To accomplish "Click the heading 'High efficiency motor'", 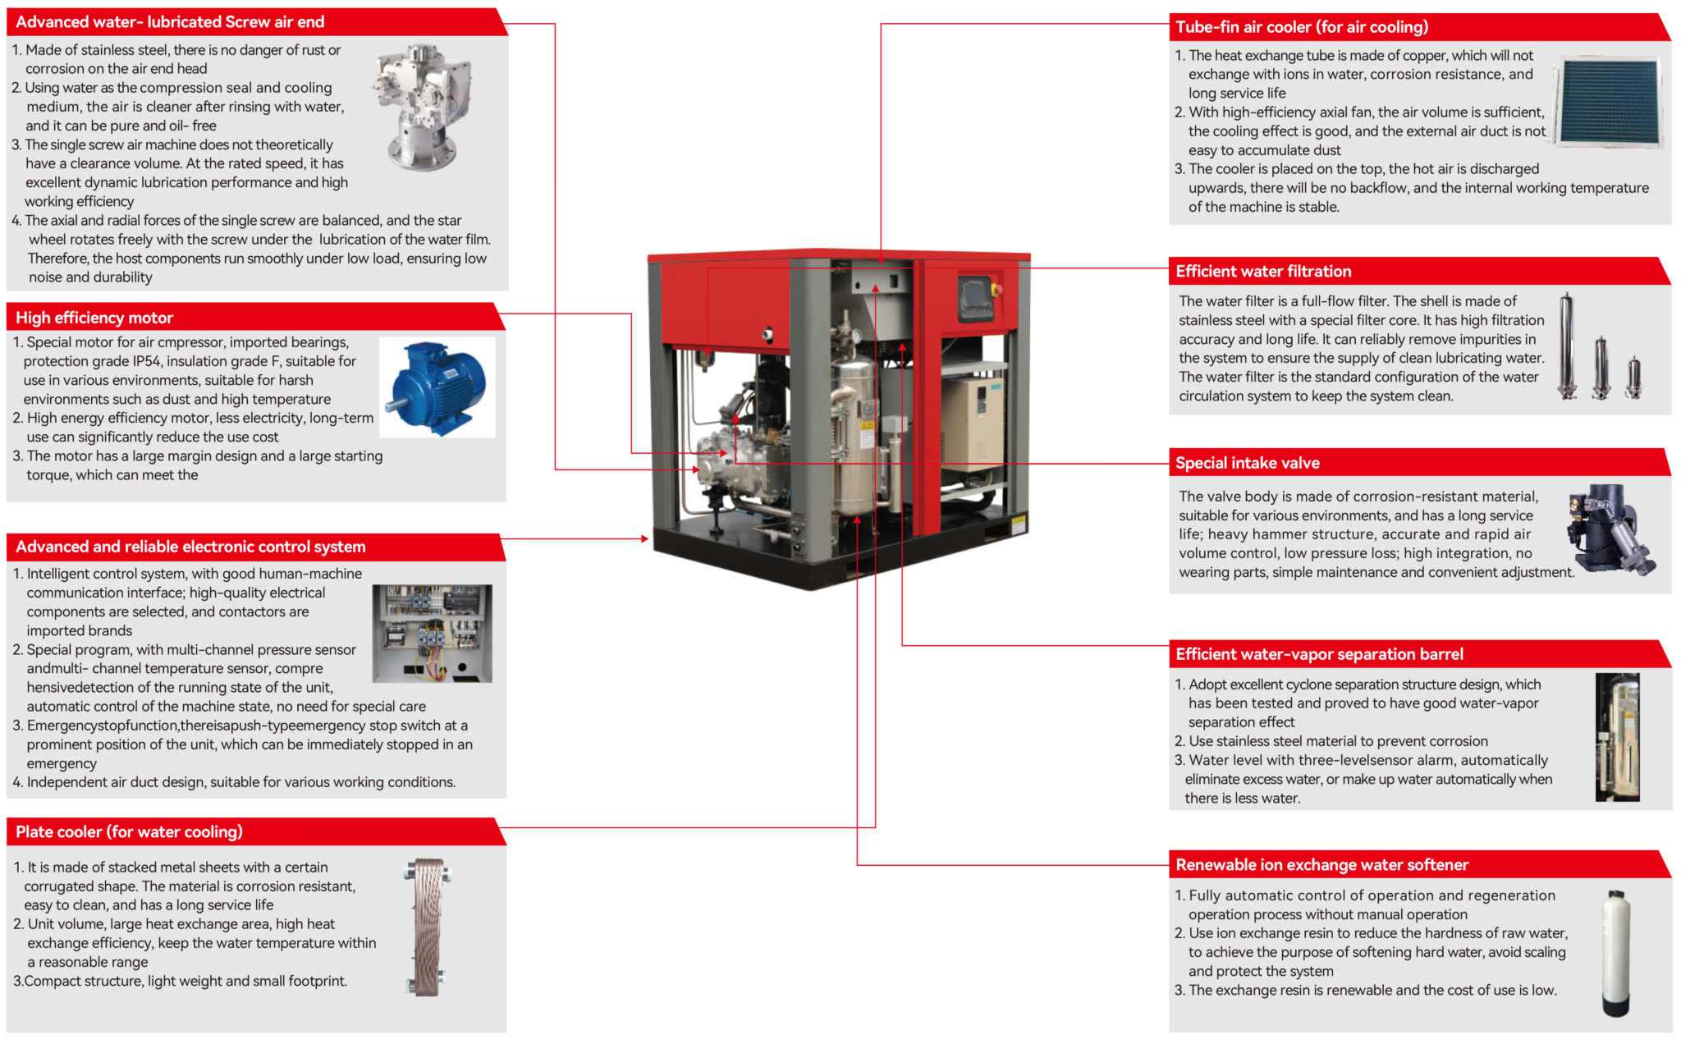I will click(94, 318).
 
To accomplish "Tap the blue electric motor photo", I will click(437, 387).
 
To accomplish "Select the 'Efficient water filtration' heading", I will click(1263, 272).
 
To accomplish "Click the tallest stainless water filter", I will click(1567, 347).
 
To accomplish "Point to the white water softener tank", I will click(1615, 953).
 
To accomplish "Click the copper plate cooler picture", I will click(428, 927).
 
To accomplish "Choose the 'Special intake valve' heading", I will click(1247, 463).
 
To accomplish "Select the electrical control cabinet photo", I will click(432, 633).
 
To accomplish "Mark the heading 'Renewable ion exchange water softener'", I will click(1321, 865).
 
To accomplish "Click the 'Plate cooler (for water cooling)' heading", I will click(129, 832).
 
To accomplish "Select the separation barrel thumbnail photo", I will click(1617, 736).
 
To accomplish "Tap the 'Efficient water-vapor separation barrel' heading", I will click(1319, 654).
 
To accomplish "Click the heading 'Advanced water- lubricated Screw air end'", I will click(170, 22).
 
